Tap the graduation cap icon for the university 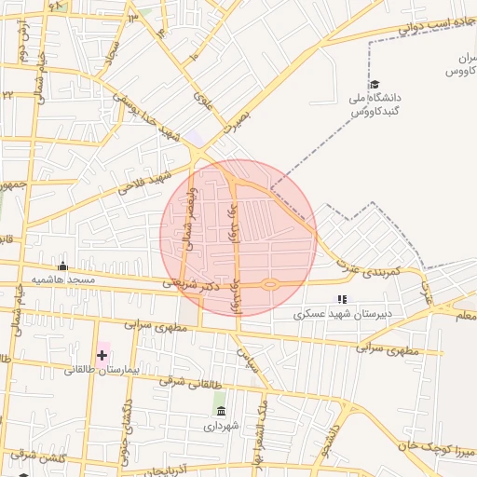(374, 85)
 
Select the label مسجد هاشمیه (63, 279)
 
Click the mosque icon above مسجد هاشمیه (62, 266)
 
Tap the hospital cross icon (102, 355)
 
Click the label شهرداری (222, 426)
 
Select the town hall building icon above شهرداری (221, 411)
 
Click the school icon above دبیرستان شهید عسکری (341, 300)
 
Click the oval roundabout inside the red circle (270, 284)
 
